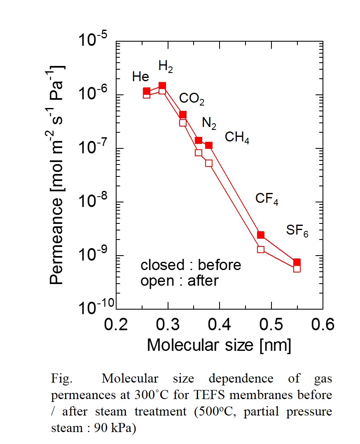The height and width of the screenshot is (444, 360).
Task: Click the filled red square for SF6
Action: [x=297, y=262]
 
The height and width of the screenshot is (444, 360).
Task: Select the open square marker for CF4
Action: [x=261, y=249]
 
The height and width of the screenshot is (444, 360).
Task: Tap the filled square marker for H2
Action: [x=162, y=86]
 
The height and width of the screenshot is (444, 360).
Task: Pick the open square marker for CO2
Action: [x=183, y=122]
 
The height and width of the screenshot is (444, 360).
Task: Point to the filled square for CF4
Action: [x=261, y=235]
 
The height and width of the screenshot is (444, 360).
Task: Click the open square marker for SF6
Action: [x=297, y=269]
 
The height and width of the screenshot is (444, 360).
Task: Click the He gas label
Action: [x=141, y=77]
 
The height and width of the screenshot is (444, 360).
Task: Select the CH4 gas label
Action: [x=237, y=137]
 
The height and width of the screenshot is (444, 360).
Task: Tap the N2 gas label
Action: [x=209, y=123]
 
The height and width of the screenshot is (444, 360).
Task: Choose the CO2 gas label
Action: [x=192, y=99]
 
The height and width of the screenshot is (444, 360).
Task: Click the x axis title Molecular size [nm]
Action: [x=219, y=345]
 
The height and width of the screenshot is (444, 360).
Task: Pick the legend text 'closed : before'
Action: [x=191, y=265]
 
